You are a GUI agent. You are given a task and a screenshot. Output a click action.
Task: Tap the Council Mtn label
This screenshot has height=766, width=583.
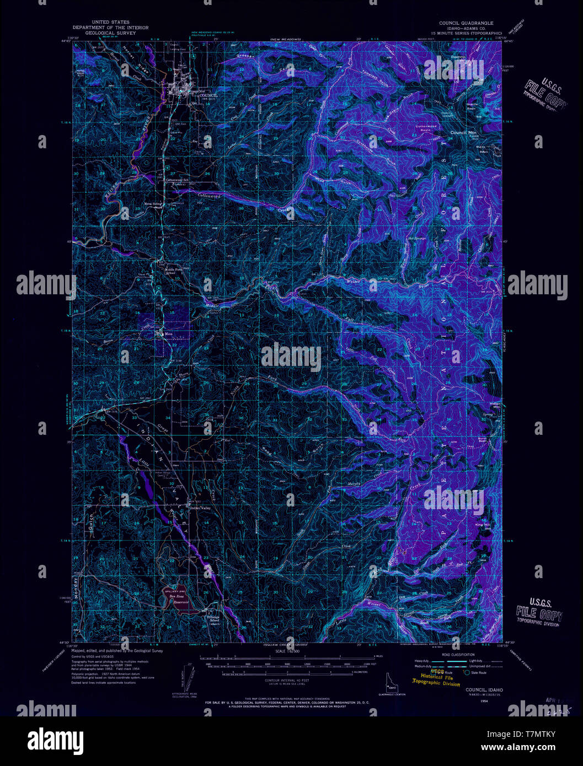coord(463,133)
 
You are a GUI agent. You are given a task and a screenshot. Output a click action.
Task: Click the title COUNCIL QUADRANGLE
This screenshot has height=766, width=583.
coord(466,23)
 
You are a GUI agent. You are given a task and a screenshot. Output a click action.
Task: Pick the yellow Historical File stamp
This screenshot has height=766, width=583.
coord(436,678)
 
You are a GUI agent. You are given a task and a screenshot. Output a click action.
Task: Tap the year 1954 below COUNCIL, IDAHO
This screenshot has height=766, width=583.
coord(484,701)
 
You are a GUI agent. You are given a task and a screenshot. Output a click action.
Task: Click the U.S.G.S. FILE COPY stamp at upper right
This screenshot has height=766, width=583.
coord(543,94)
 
